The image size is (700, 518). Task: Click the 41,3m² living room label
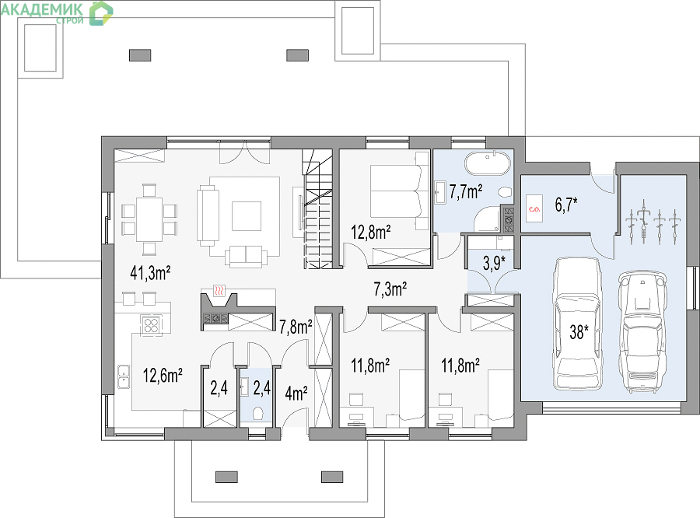[x=150, y=273]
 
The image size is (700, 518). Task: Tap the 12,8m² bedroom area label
[x=371, y=233]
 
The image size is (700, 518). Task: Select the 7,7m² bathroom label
[x=466, y=192]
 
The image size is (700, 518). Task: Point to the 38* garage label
[x=579, y=332]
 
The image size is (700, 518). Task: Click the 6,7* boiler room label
[x=566, y=205]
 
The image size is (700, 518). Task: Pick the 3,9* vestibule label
[x=494, y=263]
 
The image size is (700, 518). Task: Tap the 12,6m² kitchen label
[x=163, y=376]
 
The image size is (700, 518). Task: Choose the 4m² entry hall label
[x=296, y=394]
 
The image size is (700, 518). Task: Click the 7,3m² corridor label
[x=390, y=289]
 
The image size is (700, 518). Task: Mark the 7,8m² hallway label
[x=296, y=327]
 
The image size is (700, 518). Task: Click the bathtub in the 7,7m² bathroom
[x=488, y=163]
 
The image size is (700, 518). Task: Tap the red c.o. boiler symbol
[x=534, y=208]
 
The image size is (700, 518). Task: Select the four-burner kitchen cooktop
[x=151, y=324]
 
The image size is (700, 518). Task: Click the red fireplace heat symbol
[x=219, y=291]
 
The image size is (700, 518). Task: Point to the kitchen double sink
[x=123, y=376]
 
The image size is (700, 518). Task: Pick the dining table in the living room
[x=149, y=219]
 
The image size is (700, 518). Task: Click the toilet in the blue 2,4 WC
[x=257, y=414]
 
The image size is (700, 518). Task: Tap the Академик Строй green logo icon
[x=101, y=13]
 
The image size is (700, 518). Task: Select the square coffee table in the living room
[x=246, y=216]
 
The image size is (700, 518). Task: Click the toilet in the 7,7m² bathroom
[x=506, y=192]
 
